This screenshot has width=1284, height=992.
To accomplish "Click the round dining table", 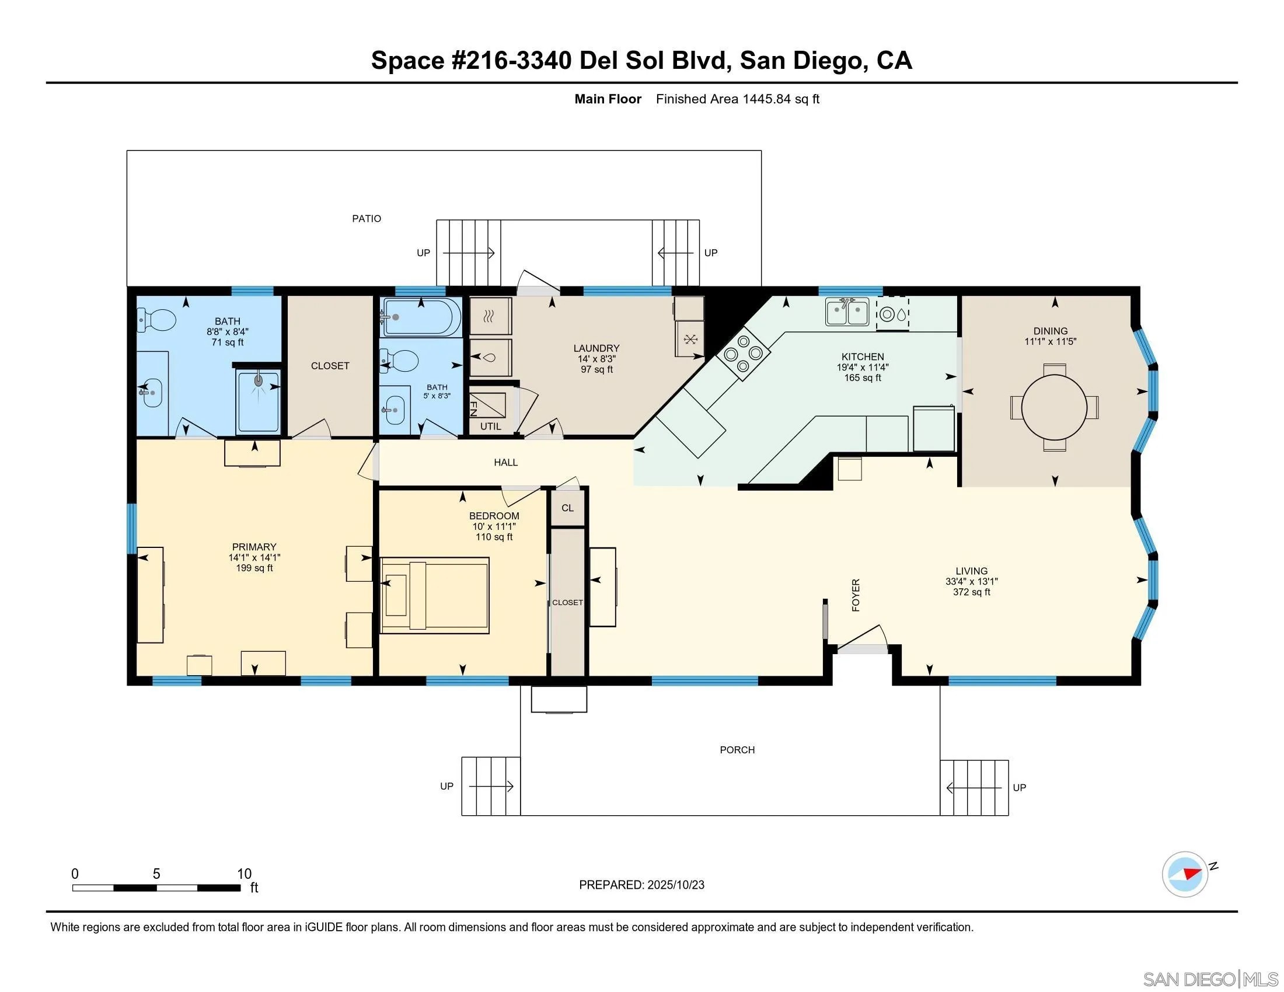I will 1054,407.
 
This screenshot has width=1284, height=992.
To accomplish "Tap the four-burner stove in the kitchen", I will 743,353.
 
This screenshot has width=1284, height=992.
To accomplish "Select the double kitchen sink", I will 847,312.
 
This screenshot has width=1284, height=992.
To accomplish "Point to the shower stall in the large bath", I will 258,401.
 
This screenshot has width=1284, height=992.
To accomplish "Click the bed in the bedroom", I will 435,595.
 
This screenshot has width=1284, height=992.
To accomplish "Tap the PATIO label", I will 367,219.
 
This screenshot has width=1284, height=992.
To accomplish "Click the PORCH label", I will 737,750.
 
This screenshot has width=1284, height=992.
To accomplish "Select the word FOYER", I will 856,595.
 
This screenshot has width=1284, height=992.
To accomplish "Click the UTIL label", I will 490,427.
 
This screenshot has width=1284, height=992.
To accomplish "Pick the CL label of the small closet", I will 567,508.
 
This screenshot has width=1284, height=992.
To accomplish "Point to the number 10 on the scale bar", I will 244,874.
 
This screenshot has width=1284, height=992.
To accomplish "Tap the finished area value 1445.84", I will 766,99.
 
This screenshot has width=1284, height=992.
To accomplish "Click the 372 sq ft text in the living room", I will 971,592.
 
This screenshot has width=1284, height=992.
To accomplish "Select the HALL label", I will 505,463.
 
